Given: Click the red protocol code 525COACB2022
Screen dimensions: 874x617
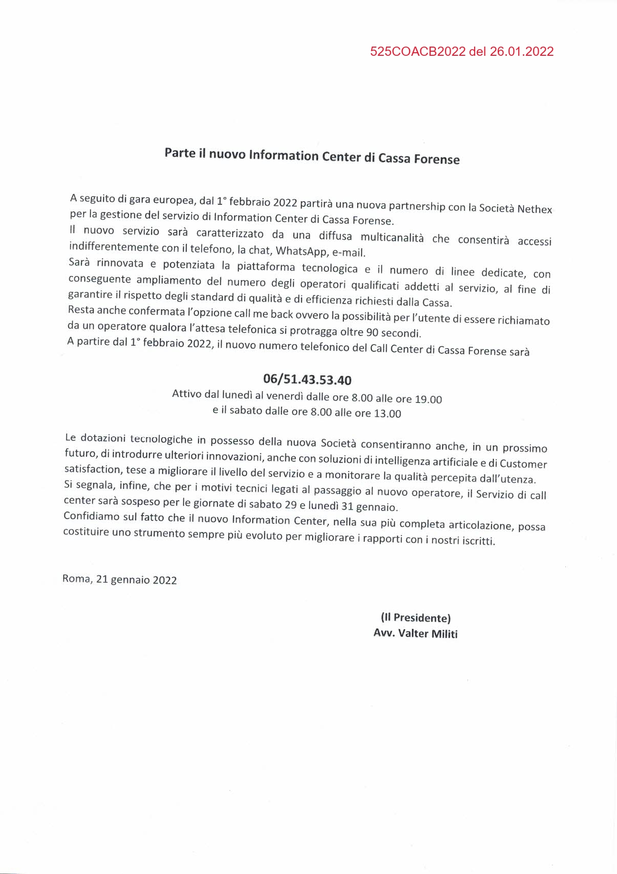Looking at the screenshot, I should (418, 51).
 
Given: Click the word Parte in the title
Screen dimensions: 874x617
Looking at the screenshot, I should (180, 153).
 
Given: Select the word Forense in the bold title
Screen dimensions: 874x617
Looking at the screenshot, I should (437, 159).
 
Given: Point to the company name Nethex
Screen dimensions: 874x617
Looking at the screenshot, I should (535, 209).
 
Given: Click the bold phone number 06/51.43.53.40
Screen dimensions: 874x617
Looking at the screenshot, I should (307, 379).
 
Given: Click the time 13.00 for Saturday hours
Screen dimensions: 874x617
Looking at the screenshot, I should (388, 413).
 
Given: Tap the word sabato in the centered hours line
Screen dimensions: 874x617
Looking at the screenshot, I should (245, 411).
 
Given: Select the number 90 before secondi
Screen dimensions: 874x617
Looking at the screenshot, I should (373, 333).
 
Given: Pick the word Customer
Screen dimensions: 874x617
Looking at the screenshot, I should (523, 464).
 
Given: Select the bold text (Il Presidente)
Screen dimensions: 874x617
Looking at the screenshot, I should (415, 617).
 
